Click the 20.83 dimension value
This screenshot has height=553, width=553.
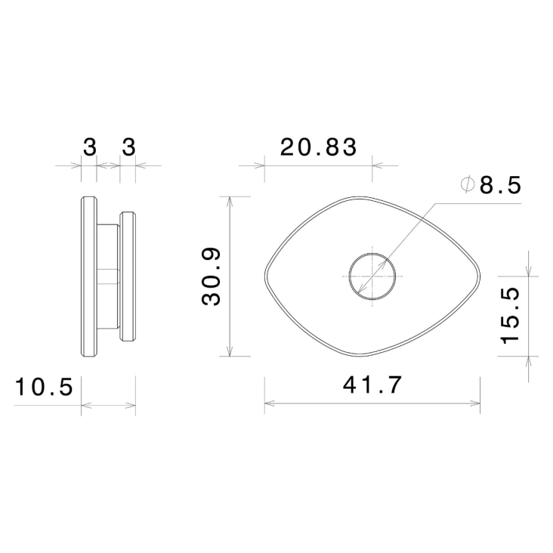click(317, 147)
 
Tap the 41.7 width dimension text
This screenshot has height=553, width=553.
click(371, 385)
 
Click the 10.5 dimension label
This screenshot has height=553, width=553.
click(43, 388)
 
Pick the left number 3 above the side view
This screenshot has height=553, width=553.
click(89, 147)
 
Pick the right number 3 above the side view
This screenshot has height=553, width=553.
click(128, 147)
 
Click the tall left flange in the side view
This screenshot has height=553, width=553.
click(88, 276)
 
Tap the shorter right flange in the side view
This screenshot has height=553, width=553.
click(128, 276)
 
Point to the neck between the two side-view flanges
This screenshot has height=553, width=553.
click(108, 276)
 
